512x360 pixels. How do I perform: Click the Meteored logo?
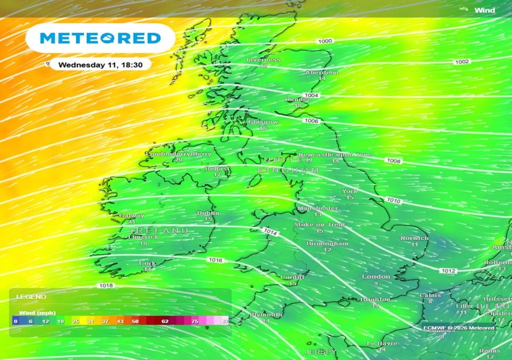point(100,38)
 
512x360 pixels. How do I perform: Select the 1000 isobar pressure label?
point(325,41)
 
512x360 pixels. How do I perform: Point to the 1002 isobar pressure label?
point(462,61)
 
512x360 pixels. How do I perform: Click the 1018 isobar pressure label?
point(106,285)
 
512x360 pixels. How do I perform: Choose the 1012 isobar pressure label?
point(448,271)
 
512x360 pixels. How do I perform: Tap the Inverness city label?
point(263,60)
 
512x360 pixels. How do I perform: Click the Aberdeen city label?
point(322,72)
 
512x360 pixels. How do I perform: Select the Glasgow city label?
point(263,122)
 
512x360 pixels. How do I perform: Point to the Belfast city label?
point(217,169)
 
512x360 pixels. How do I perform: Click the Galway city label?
point(131,216)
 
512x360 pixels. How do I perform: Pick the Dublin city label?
point(208,213)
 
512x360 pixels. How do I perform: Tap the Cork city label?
point(147,263)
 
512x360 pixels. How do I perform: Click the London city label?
point(376,276)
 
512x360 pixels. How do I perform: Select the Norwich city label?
point(414,238)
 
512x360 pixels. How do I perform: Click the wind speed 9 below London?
point(376,283)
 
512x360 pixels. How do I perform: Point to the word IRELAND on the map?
point(159,230)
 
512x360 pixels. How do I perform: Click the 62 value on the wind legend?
point(165,321)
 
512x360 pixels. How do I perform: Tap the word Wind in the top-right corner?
point(484,10)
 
